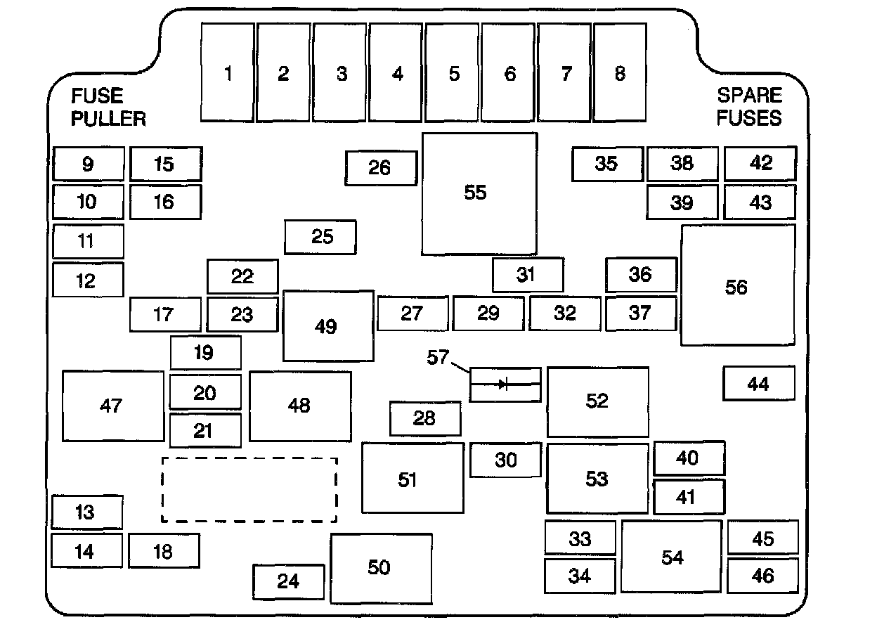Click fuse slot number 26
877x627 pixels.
tap(381, 168)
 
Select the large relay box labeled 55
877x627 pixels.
tap(479, 193)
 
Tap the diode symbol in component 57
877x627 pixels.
tap(504, 384)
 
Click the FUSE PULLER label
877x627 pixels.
tap(108, 107)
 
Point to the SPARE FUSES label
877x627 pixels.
tap(749, 107)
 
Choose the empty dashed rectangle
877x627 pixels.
tap(249, 490)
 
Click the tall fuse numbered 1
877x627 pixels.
tap(228, 72)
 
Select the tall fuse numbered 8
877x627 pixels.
tap(620, 72)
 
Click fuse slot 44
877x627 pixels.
tap(759, 384)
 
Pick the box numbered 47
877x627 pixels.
tap(112, 406)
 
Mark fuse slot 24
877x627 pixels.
tap(288, 581)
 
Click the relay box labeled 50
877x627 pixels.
tap(381, 568)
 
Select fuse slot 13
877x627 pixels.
tap(86, 512)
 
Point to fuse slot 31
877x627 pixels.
tap(527, 275)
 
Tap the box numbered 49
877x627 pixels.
tap(327, 326)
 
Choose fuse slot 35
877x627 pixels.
tap(606, 164)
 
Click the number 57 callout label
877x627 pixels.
tap(438, 357)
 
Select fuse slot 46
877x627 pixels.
tap(762, 576)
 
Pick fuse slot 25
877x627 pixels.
tap(320, 237)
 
